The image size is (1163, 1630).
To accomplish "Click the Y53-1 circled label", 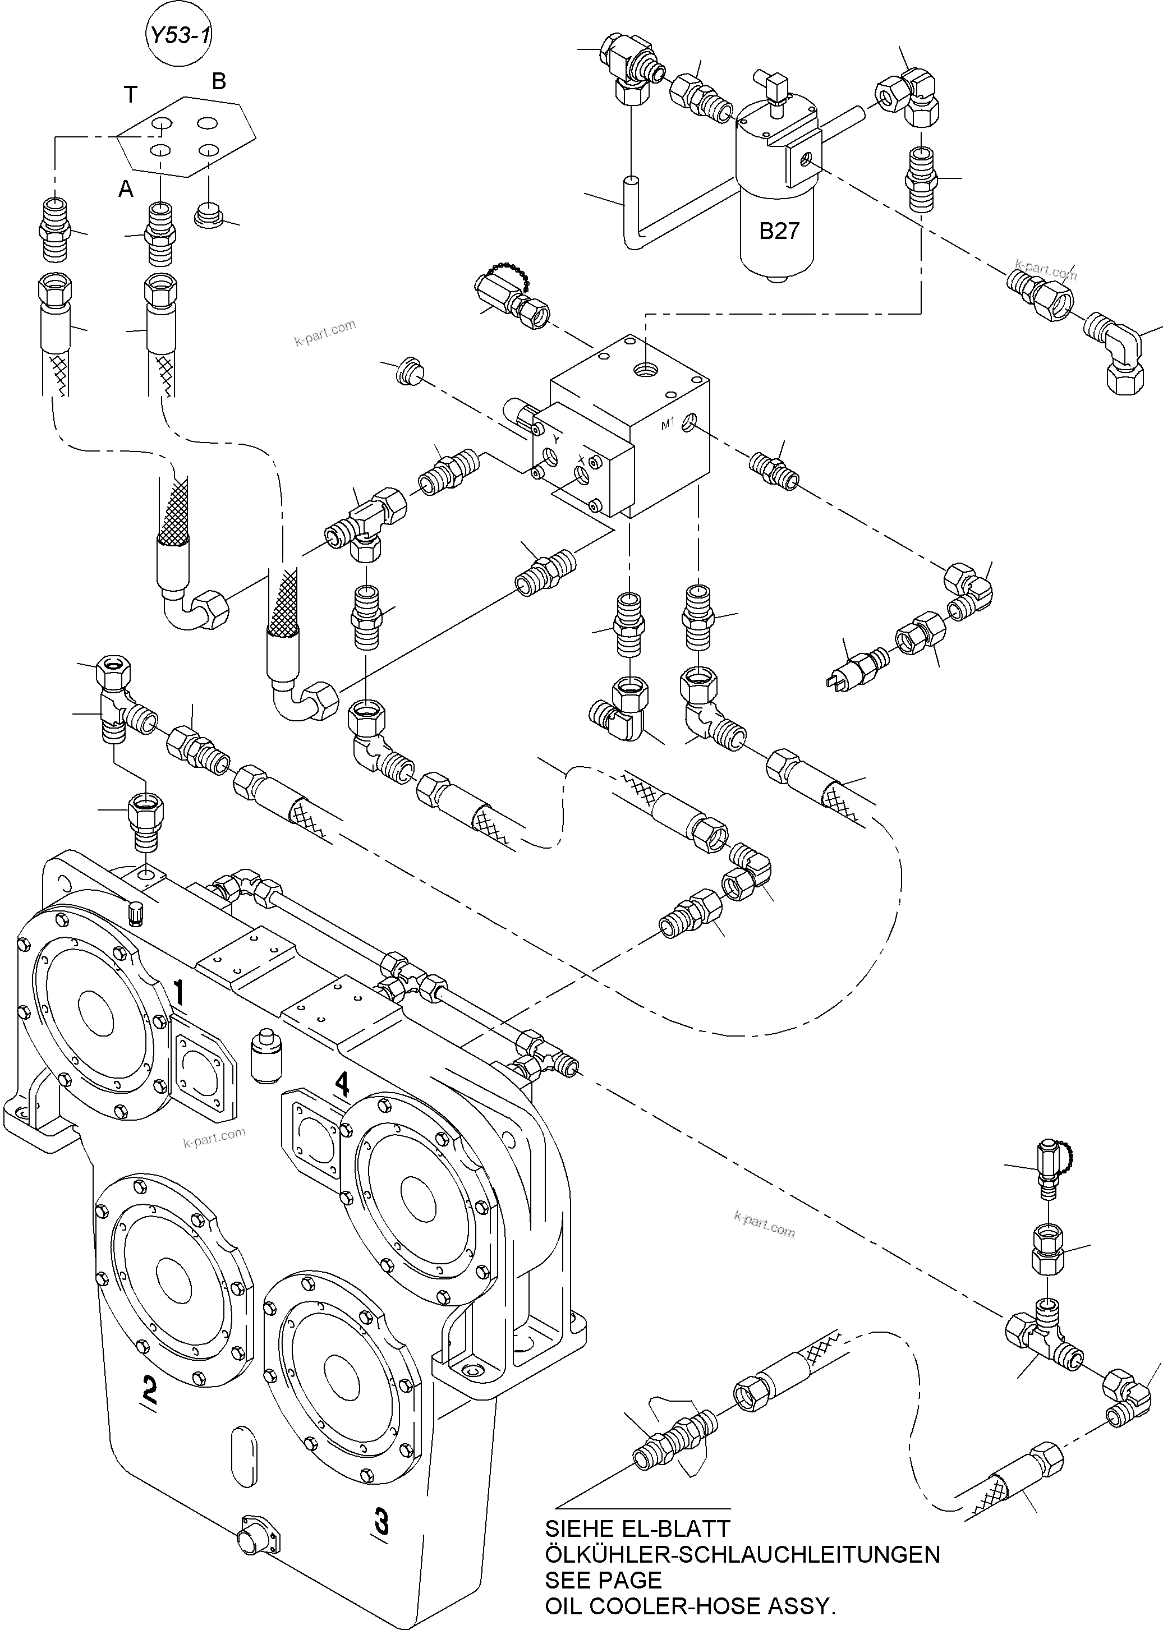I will coord(179,35).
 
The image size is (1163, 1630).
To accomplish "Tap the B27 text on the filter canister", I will coord(779,231).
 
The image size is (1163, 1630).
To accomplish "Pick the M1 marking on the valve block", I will coord(668,425).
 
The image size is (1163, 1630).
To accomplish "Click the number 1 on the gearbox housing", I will coord(179,993).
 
